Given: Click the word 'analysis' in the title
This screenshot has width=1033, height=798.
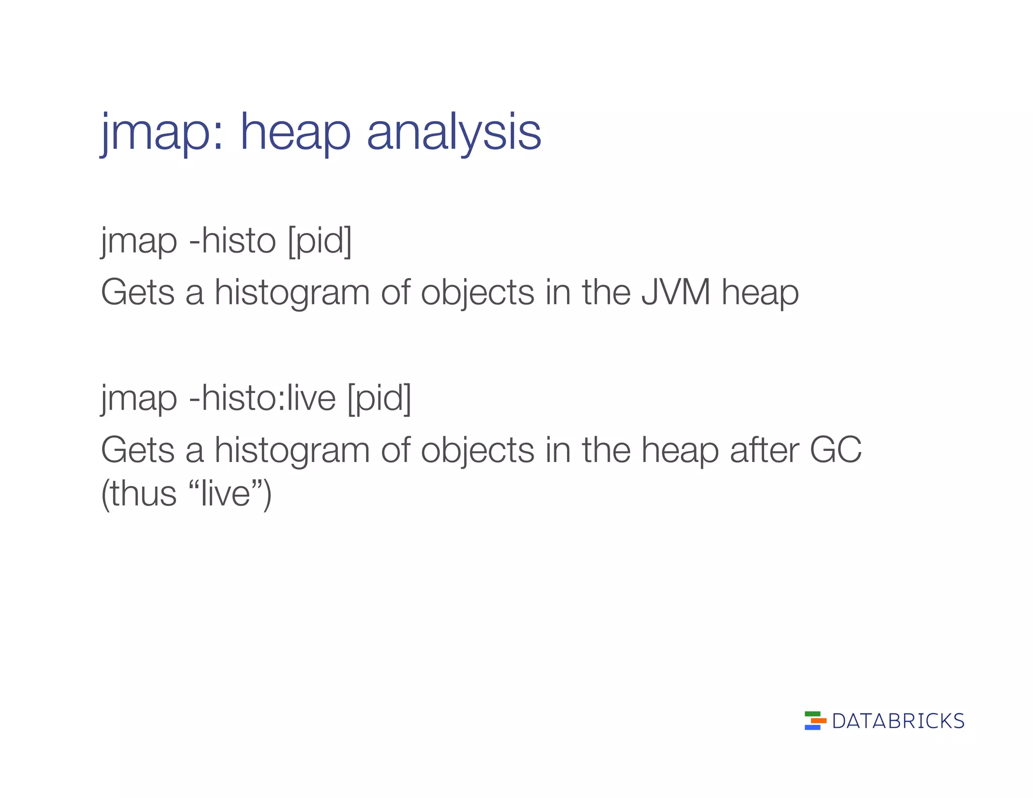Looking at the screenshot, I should coord(453,132).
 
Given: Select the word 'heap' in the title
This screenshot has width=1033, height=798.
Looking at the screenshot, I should coord(295,132).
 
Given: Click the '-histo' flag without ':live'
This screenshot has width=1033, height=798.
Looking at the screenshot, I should coord(232,241).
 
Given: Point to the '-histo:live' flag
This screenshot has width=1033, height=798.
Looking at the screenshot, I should coord(262,398).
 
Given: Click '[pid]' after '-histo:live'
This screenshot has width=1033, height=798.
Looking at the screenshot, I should coord(379,398).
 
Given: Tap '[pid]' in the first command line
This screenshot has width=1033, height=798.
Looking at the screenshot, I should coord(320,241).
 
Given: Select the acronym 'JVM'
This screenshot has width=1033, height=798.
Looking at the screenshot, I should coord(675,292).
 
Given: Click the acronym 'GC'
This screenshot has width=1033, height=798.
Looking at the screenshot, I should coord(835,449).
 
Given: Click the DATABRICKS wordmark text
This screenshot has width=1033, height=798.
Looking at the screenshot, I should coord(898,721).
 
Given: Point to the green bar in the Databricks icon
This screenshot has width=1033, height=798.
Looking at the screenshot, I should coord(813,714).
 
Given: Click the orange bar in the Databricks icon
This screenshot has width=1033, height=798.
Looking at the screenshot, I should coord(818,721).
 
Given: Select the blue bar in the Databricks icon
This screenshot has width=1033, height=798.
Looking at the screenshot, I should coord(812,727).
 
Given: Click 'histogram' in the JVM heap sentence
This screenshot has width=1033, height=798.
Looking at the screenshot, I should coord(292,292).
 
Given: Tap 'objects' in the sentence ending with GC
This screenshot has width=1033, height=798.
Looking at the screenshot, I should coord(477,449).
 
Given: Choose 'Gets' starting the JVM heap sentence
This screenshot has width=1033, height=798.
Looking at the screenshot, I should coord(138,292).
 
